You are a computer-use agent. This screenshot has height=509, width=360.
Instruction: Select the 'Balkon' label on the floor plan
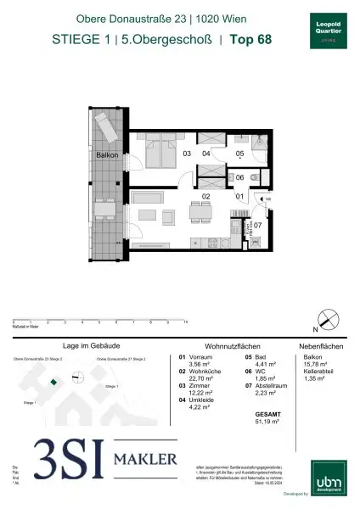[106, 156]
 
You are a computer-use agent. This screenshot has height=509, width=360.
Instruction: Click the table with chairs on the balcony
[104, 209]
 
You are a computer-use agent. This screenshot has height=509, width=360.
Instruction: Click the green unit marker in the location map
[53, 383]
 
